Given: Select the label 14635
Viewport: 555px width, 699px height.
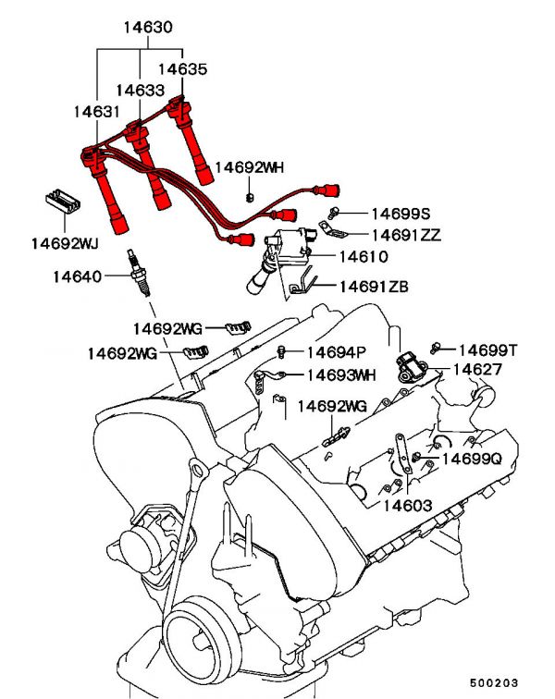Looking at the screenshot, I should [182, 68].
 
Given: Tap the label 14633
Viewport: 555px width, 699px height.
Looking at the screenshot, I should [141, 91].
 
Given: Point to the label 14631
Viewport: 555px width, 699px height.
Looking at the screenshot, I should [97, 112].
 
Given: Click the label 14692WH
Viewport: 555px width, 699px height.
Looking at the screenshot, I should [250, 167].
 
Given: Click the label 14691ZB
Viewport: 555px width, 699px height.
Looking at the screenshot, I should [374, 287].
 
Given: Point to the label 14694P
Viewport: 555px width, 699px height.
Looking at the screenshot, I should [337, 351].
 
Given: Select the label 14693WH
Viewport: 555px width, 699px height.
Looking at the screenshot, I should [341, 374].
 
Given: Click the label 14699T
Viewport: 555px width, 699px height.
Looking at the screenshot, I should [488, 349].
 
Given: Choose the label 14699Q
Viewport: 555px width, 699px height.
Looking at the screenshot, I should [471, 458].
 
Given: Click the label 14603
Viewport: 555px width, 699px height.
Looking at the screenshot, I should [408, 506].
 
